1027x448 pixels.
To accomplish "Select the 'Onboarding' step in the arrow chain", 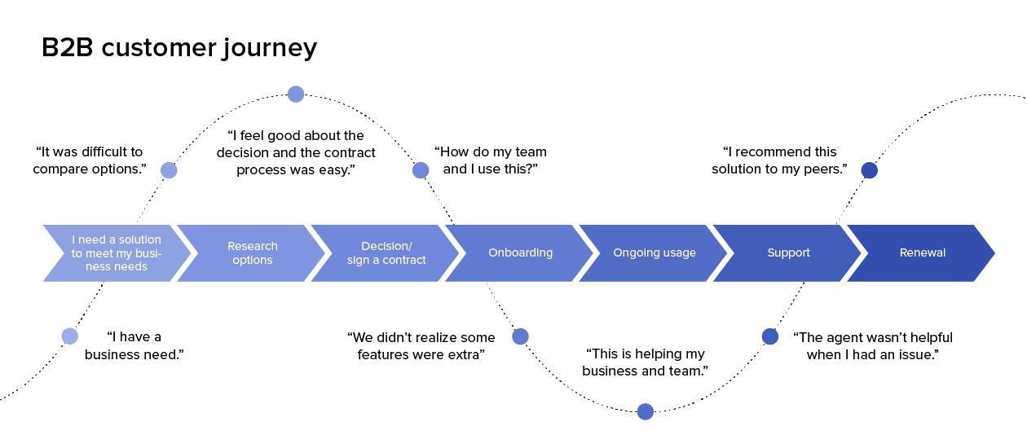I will (520, 253).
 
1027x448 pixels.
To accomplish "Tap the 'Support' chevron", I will (788, 253).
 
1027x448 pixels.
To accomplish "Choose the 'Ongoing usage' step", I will (655, 253).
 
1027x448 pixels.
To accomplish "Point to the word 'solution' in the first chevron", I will (139, 239).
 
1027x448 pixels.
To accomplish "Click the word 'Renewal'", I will (923, 253).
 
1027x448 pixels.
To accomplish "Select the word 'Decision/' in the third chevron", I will (386, 246).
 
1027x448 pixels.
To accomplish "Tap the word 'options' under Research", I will (252, 261).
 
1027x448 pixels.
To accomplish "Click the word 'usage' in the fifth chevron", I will (679, 253).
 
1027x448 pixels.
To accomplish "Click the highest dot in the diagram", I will (296, 94).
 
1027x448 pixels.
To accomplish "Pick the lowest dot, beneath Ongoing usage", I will (645, 411).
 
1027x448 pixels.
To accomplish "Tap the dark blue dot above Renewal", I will (869, 170).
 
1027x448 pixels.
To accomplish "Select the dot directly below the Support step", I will (769, 336).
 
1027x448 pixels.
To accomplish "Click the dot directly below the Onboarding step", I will (520, 336).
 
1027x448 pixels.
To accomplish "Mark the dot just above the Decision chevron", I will (421, 170).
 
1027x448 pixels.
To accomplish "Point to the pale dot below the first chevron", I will (70, 336).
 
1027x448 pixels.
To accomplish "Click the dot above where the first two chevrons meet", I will (169, 170).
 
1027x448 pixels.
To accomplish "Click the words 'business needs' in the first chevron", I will (117, 261).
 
